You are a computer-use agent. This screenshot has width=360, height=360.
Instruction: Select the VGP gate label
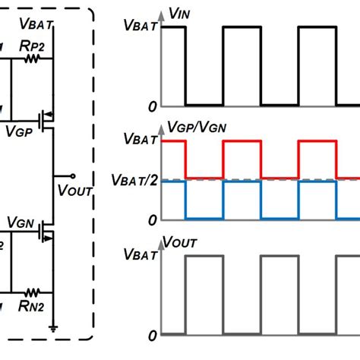point(20,131)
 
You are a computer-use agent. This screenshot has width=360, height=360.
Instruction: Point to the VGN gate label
point(20,221)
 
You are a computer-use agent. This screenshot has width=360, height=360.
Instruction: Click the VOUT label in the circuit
point(74,188)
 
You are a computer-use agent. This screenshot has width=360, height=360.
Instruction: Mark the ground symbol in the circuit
point(54,327)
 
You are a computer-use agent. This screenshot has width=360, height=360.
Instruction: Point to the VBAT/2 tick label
point(134,181)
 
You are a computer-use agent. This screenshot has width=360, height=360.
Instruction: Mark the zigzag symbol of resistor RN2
point(32,291)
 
